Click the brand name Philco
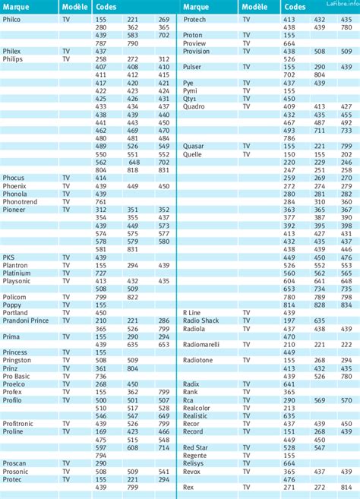[x=13, y=19]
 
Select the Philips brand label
[x=13, y=58]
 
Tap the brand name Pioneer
[x=14, y=210]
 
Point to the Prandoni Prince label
[x=27, y=321]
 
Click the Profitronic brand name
[x=18, y=424]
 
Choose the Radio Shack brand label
[x=201, y=321]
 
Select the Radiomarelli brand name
[x=201, y=344]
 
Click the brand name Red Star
[x=195, y=447]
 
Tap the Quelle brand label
[x=193, y=153]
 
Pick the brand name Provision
[x=197, y=51]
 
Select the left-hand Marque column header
[x=17, y=6]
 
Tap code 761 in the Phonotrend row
[x=100, y=202]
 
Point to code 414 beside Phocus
[x=100, y=178]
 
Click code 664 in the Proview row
[x=289, y=43]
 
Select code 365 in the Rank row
[x=289, y=392]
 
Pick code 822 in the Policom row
[x=133, y=297]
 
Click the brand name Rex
[x=188, y=487]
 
